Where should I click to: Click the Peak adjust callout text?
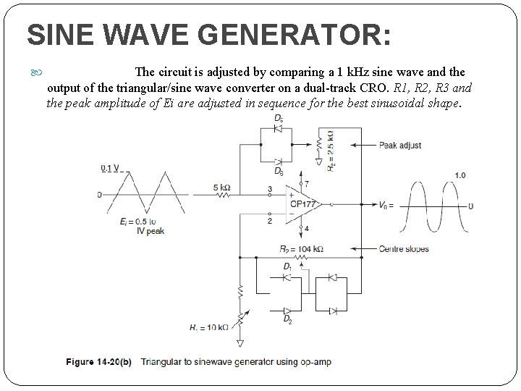pyautogui.click(x=400, y=145)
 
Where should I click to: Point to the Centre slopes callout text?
pyautogui.click(x=404, y=249)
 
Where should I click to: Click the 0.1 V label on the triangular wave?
pyautogui.click(x=111, y=169)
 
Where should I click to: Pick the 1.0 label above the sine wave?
pyautogui.click(x=460, y=175)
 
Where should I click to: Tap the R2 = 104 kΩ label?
pyautogui.click(x=300, y=248)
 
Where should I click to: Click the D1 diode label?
pyautogui.click(x=288, y=268)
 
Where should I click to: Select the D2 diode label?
pyautogui.click(x=288, y=319)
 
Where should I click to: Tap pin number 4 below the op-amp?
pyautogui.click(x=306, y=229)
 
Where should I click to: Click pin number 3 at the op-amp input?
pyautogui.click(x=269, y=189)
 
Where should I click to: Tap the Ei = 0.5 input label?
pyautogui.click(x=137, y=221)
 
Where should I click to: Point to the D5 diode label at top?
pyautogui.click(x=278, y=121)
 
